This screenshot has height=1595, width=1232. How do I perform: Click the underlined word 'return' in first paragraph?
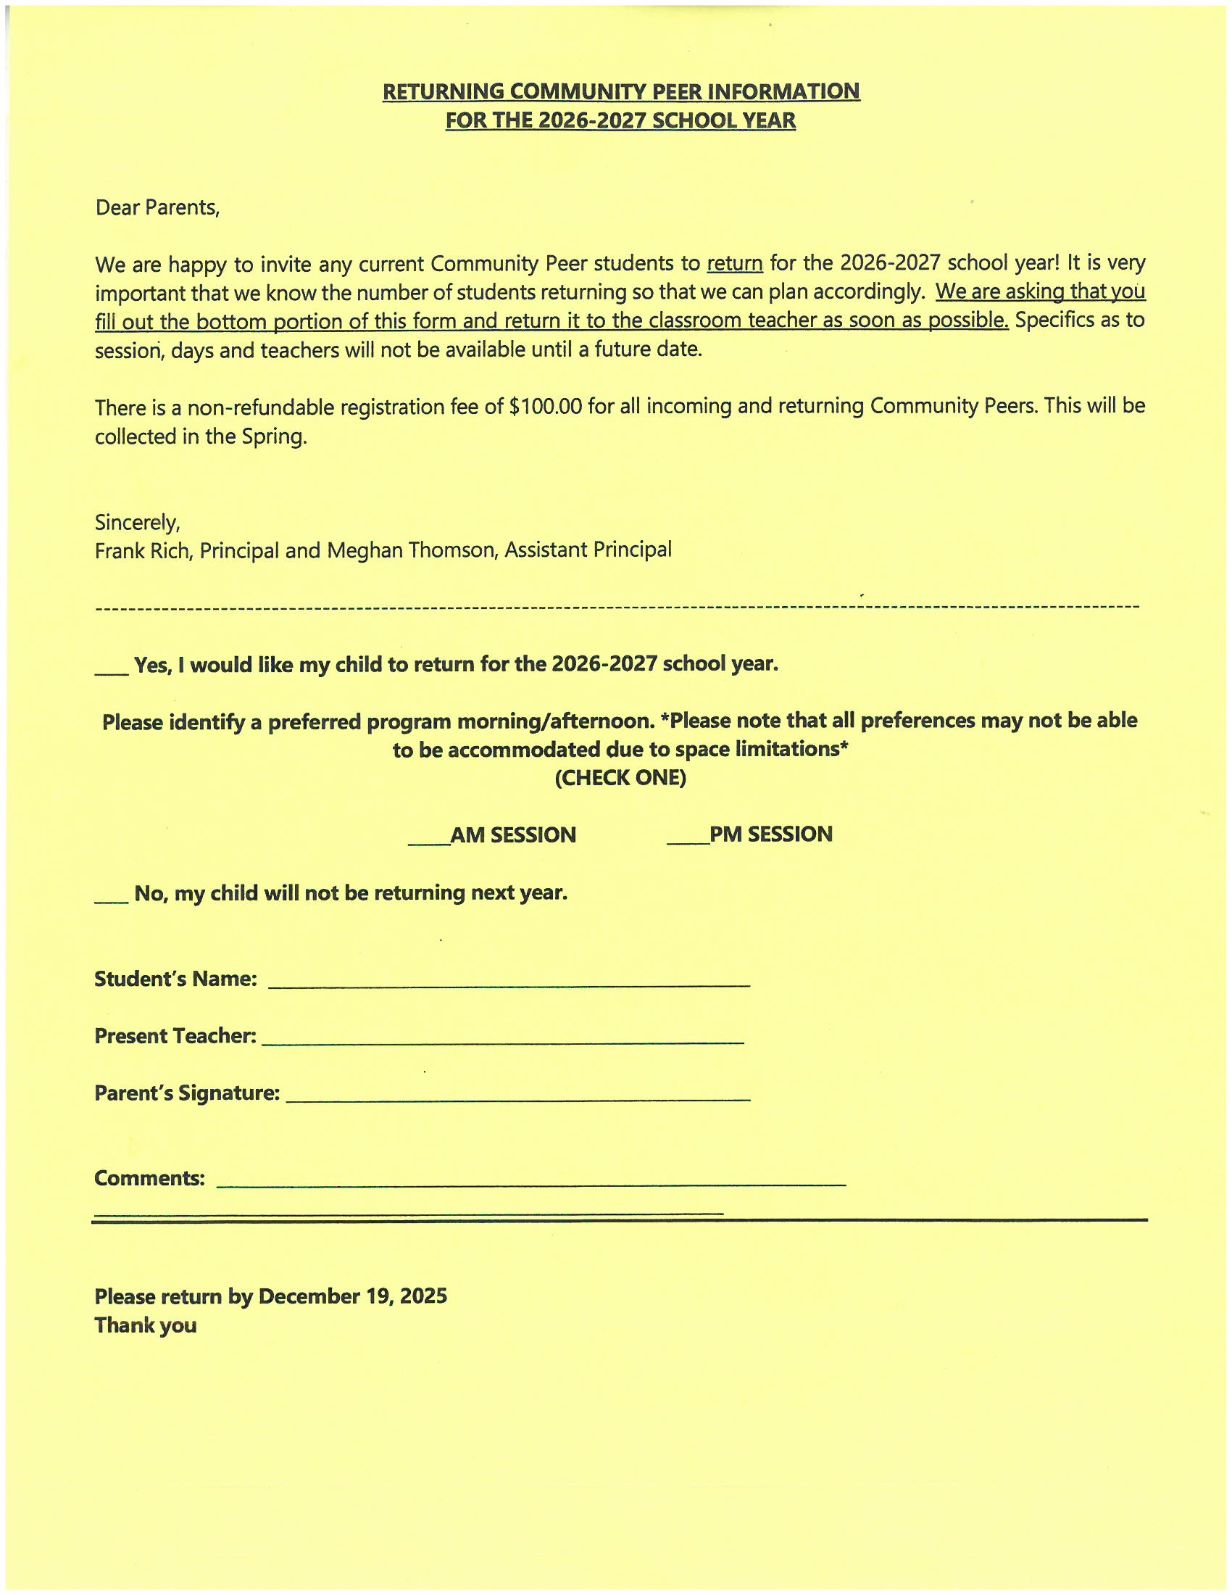734,263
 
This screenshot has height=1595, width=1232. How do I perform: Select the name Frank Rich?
143,551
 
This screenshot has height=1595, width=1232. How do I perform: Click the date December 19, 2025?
352,1297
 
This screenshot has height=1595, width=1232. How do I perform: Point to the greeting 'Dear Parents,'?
157,208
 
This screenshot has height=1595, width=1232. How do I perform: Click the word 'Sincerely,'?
137,523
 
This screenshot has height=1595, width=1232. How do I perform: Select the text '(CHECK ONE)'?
620,778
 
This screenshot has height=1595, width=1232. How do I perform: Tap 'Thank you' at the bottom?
145,1326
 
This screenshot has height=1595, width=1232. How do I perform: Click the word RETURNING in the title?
443,92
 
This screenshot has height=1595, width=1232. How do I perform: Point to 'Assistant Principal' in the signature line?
588,550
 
